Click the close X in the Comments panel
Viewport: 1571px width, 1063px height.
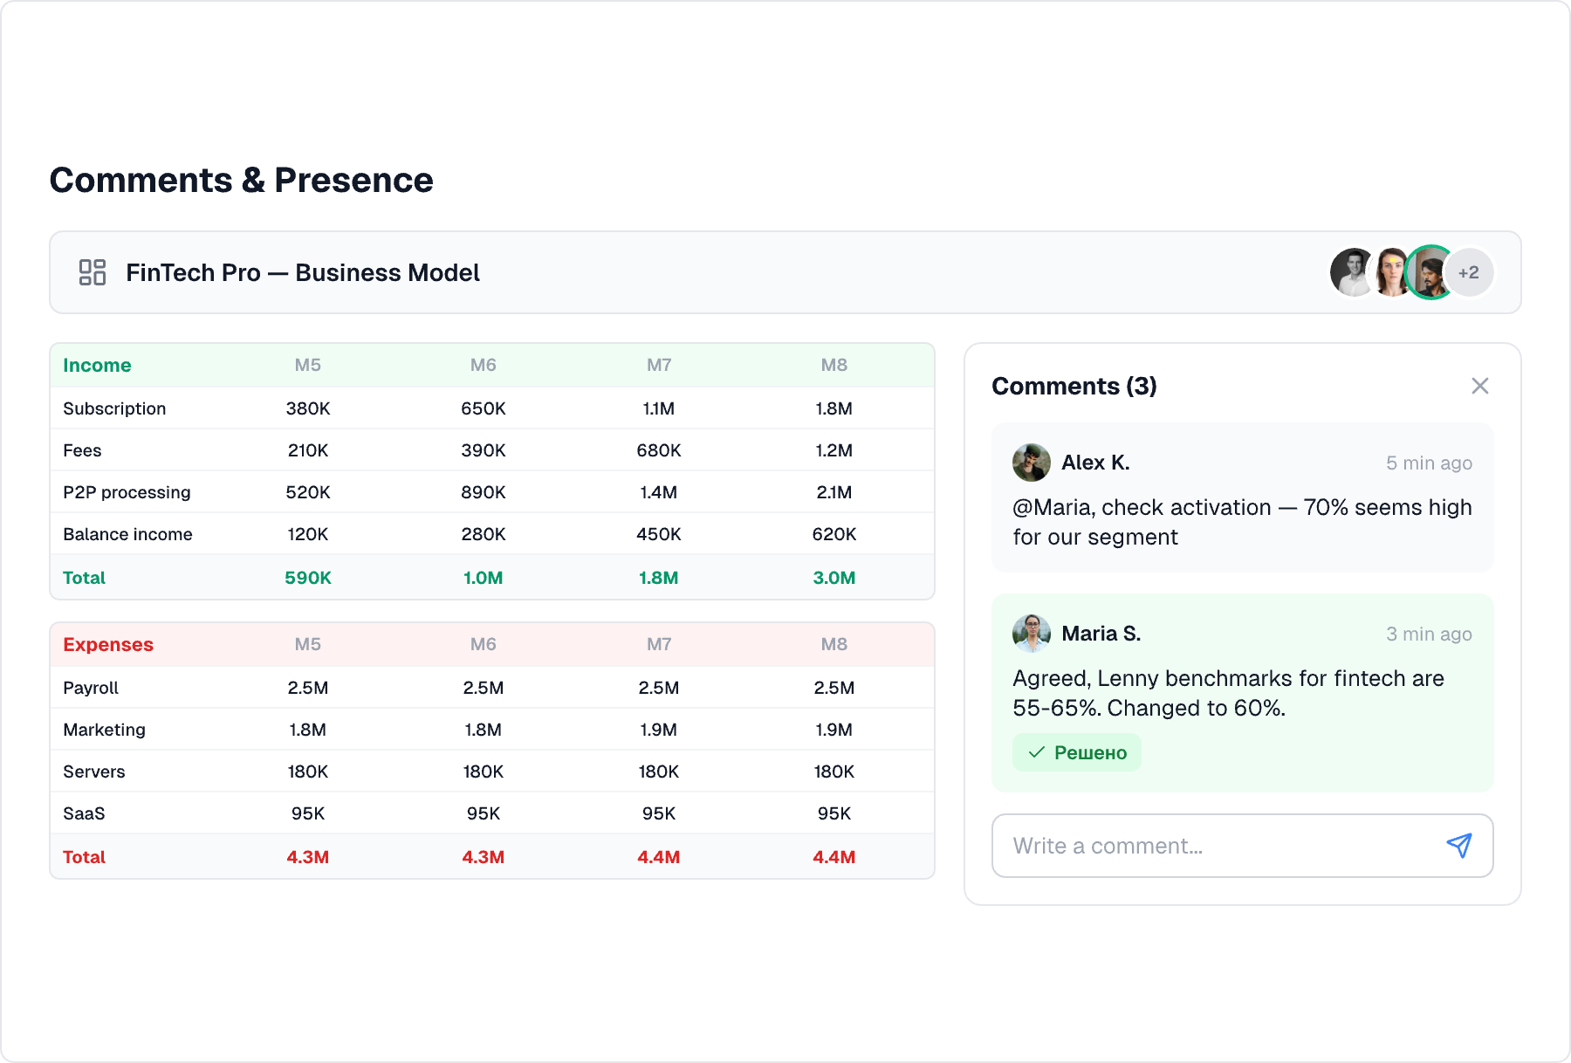[x=1479, y=386]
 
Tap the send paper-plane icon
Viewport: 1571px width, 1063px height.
[x=1459, y=845]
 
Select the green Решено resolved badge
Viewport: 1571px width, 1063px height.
[x=1077, y=752]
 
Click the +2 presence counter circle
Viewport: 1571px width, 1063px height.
[x=1469, y=272]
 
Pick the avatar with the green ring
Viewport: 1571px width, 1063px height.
[x=1429, y=272]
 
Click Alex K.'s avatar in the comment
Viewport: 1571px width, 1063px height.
[x=1031, y=463]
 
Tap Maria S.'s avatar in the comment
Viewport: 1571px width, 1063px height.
[x=1031, y=634]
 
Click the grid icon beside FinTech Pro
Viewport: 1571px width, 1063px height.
[x=93, y=272]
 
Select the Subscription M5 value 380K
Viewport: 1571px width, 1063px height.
[x=308, y=408]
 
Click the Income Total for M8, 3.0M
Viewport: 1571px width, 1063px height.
[x=834, y=578]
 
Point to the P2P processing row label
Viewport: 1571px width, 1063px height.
[x=127, y=492]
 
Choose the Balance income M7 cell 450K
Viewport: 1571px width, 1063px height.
[x=658, y=534]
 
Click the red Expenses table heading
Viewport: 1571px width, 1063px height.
[x=108, y=644]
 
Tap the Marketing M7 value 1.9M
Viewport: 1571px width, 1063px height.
[x=658, y=730]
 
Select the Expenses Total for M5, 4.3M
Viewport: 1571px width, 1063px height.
[x=308, y=857]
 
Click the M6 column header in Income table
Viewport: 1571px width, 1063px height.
[x=483, y=365]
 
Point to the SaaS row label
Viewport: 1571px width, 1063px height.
[x=84, y=813]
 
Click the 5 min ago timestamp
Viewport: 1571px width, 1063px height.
[x=1429, y=463]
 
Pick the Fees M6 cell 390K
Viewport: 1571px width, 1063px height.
[x=483, y=450]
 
